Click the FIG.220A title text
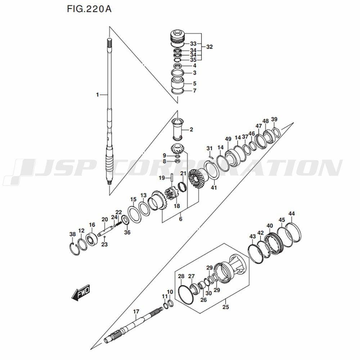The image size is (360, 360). pos(89,9)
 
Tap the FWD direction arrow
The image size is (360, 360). pos(81,292)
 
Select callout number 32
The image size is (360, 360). pos(210,47)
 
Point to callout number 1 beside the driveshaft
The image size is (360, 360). pos(97,95)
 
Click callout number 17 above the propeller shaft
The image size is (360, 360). pos(136,311)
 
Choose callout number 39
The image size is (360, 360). pos(274,119)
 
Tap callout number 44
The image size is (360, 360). pos(291,213)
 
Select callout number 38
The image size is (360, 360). pos(73,234)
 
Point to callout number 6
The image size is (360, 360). pos(181,219)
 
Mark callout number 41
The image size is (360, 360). pos(214,188)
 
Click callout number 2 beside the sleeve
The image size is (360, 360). pos(191,130)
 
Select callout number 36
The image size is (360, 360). pos(127,232)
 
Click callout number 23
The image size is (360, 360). pos(104,244)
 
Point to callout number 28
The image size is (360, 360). pos(181,276)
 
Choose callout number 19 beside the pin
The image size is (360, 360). pos(162,178)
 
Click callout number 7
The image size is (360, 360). pos(195,91)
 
